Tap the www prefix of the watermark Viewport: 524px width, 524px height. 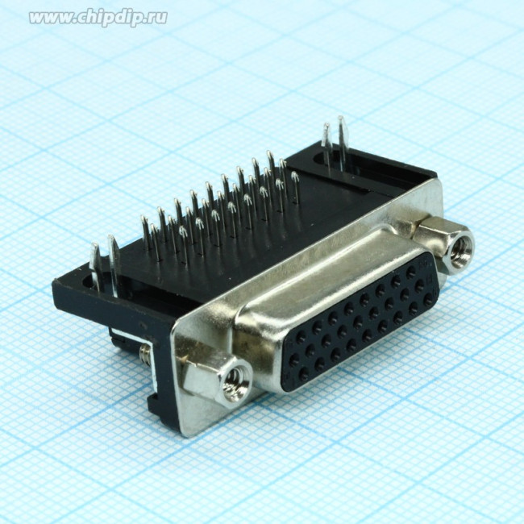tap(48, 18)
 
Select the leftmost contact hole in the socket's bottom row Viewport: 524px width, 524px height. tap(303, 375)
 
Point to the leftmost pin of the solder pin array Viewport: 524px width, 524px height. tap(146, 234)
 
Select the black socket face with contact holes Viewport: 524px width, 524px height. tap(363, 322)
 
